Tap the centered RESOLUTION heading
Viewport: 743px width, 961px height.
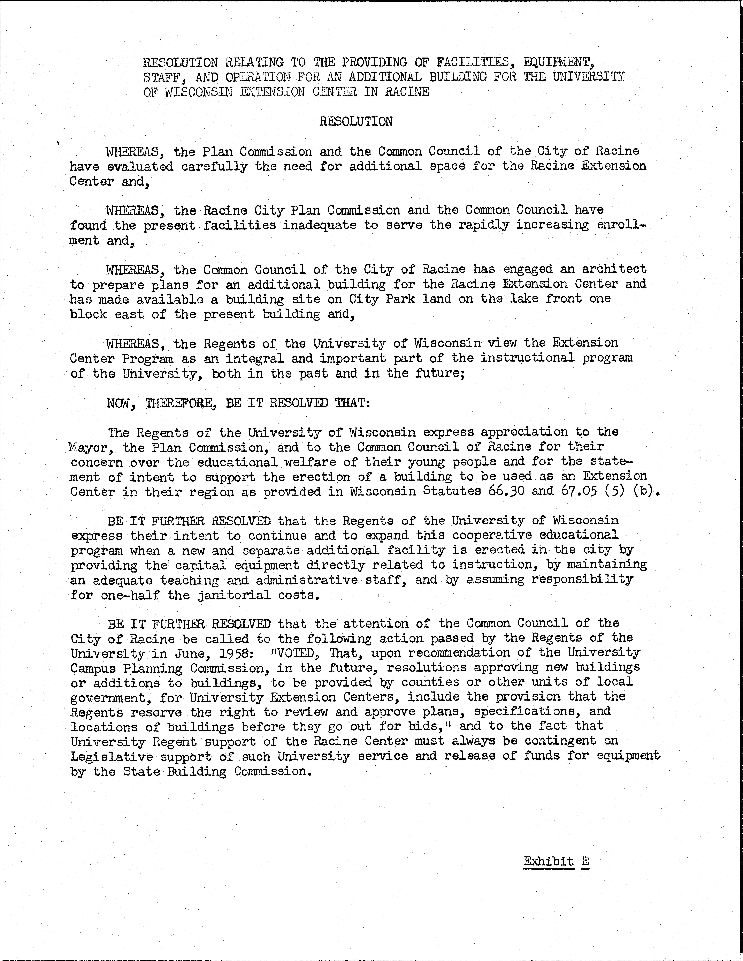(x=356, y=121)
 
